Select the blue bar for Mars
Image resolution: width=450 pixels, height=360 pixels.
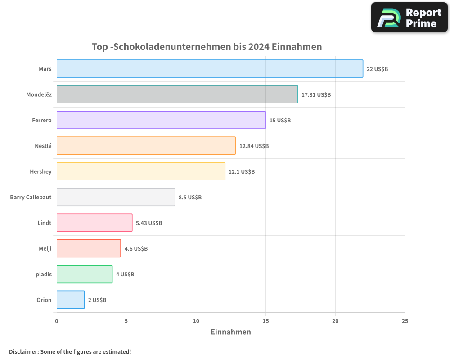point(210,69)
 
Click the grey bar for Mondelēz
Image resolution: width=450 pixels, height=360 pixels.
point(177,94)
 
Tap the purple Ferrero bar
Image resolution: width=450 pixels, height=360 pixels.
point(161,120)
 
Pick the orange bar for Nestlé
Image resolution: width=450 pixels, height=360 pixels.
point(146,146)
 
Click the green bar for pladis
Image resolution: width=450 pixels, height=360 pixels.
point(85,274)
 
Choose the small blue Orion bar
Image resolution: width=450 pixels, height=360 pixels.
point(71,300)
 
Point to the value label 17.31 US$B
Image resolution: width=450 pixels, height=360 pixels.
point(316,95)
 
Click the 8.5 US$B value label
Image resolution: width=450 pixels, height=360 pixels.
point(190,198)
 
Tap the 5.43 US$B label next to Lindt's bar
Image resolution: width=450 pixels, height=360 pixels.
point(149,223)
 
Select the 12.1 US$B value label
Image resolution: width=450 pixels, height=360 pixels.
point(242,172)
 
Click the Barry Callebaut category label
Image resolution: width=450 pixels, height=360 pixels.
point(31,197)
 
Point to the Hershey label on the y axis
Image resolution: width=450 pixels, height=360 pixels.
point(40,171)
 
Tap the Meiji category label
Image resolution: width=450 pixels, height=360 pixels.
point(45,248)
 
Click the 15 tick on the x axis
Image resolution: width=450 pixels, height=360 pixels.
point(265,321)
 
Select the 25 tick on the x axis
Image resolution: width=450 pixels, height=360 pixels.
point(405,321)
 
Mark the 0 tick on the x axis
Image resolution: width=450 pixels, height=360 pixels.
point(57,321)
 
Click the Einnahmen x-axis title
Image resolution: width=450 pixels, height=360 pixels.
point(231,332)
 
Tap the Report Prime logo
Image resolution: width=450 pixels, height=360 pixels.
point(409,18)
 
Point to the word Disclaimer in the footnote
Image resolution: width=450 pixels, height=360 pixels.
point(23,351)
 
